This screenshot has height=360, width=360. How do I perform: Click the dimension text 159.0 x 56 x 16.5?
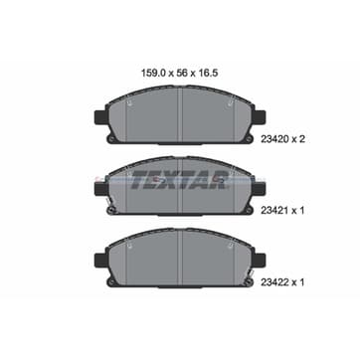[179, 74]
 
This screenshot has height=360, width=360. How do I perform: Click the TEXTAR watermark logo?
[181, 180]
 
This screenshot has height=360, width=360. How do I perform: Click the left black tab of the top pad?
[100, 117]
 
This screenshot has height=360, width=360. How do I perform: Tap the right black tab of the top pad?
[260, 117]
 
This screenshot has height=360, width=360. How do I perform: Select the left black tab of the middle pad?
[100, 189]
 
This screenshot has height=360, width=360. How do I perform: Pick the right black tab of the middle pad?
[260, 189]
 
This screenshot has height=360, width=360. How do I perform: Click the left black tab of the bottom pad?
[100, 260]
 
